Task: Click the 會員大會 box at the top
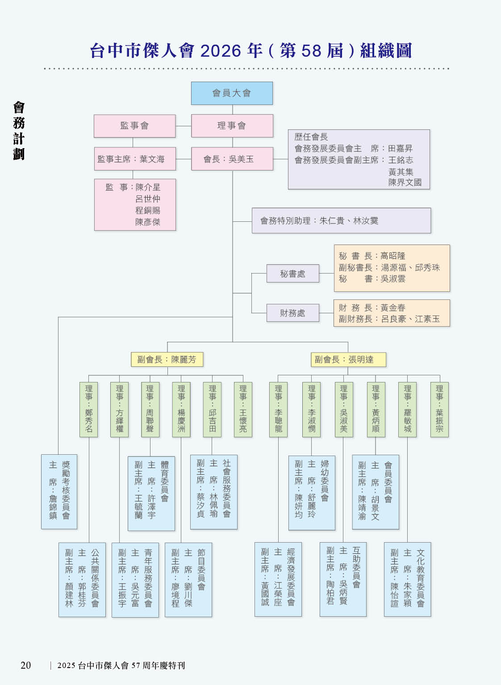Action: point(232,93)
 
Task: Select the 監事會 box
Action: point(134,126)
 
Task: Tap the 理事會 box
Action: point(232,126)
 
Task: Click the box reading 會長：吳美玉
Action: point(232,159)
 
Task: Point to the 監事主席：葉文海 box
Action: point(134,159)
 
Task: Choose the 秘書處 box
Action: point(292,274)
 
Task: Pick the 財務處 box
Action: point(292,313)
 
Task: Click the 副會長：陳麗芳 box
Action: point(167,359)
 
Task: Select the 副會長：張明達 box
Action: point(348,359)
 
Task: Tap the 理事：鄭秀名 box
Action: point(89,409)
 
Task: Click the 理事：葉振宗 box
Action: point(439,409)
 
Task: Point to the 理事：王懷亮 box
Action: point(243,409)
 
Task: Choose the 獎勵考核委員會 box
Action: point(59,491)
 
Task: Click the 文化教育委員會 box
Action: point(407,579)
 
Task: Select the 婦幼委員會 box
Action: point(312,492)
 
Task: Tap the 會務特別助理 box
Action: point(341,220)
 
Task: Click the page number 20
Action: point(26,665)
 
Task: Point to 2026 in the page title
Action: point(221,51)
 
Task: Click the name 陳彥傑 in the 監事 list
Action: point(148,222)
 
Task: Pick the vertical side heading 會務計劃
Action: point(19,130)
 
